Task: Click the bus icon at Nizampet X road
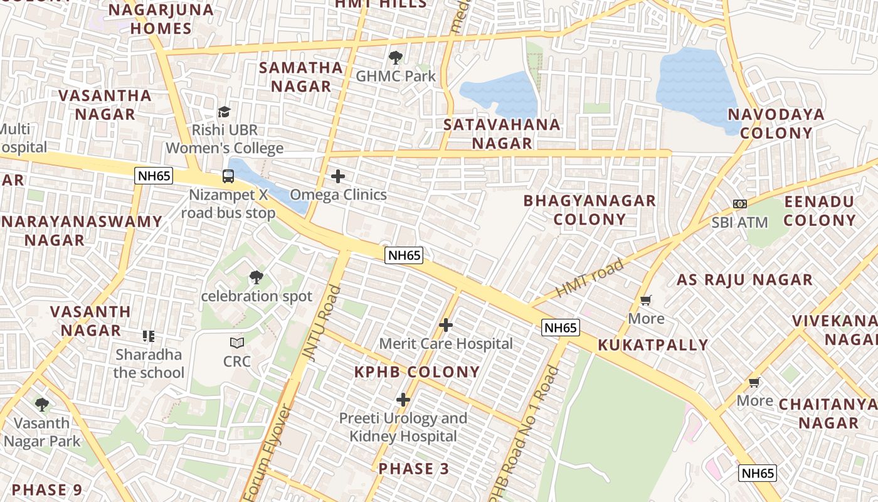tap(228, 176)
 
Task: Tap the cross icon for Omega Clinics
tap(338, 176)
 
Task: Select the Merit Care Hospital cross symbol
tap(446, 325)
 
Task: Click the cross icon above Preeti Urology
tap(403, 399)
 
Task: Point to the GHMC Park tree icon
tap(396, 58)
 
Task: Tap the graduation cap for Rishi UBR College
tap(224, 112)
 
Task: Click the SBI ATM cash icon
tap(740, 204)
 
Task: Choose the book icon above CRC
tap(237, 343)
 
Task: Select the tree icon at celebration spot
tap(256, 277)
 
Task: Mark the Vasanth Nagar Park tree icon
tap(42, 404)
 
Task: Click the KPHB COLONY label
tap(417, 372)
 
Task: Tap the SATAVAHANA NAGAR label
tap(502, 134)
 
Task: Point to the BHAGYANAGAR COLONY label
tap(590, 210)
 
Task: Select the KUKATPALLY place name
tap(653, 345)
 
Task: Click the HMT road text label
tap(590, 278)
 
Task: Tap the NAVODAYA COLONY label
tap(776, 124)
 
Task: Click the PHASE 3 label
tap(414, 469)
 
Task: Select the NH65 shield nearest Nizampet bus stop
tap(154, 176)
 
